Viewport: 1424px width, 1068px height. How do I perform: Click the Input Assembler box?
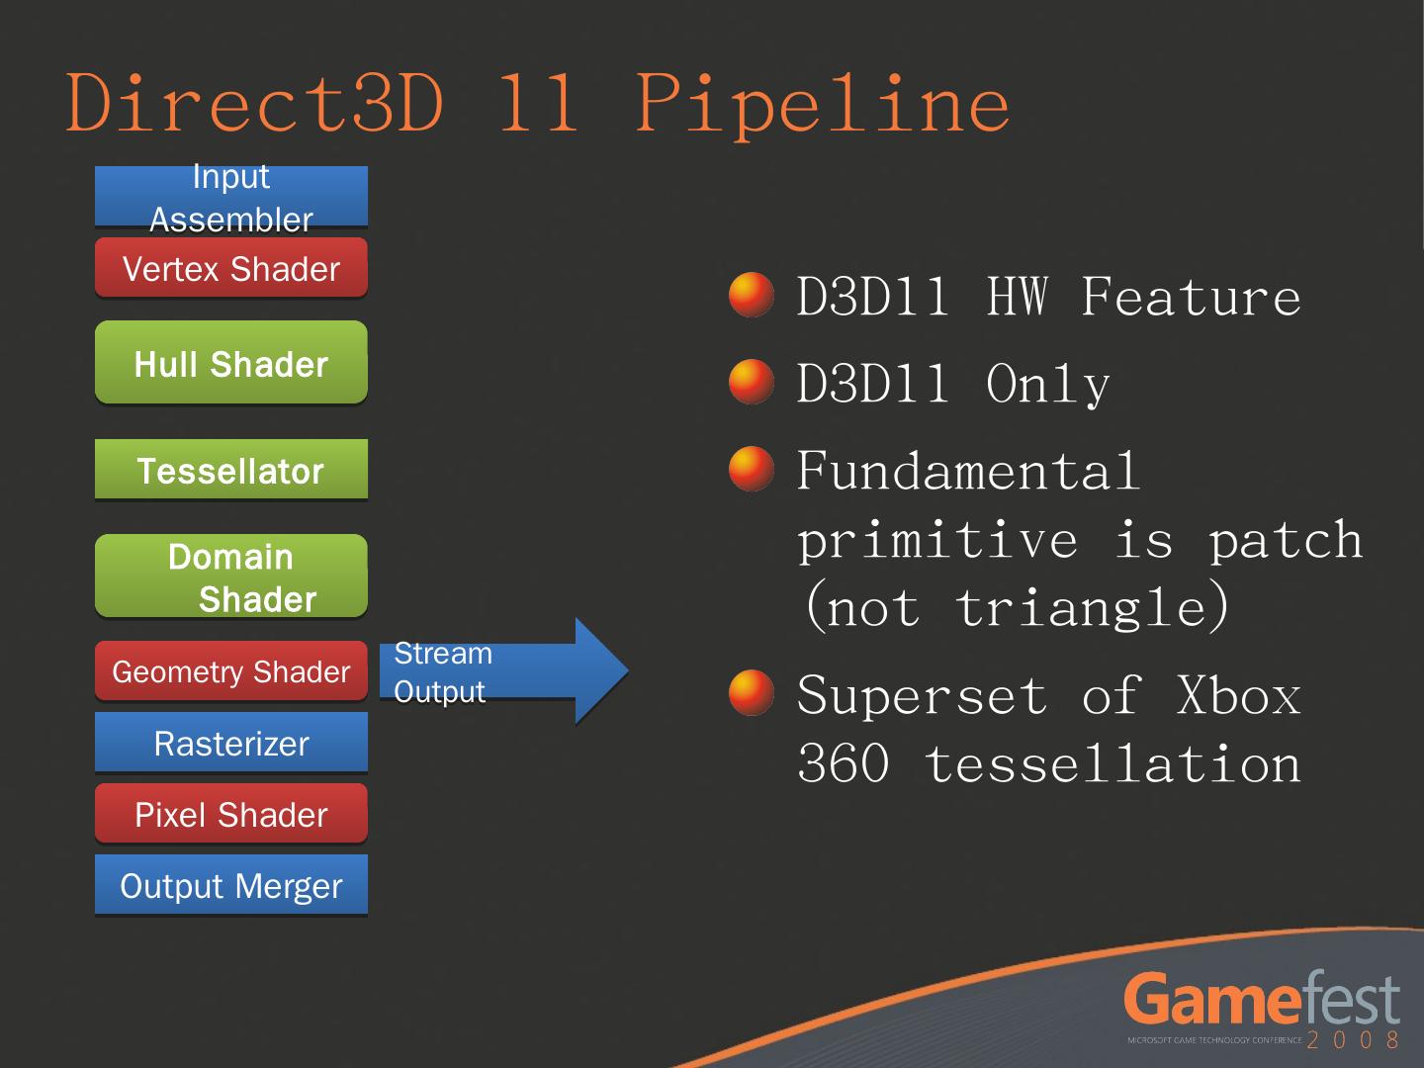(230, 198)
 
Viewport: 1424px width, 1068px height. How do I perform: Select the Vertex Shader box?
(230, 268)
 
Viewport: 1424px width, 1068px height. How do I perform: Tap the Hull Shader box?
(230, 363)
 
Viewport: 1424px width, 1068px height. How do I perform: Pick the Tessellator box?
(230, 470)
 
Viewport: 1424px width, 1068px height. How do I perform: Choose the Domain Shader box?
(230, 577)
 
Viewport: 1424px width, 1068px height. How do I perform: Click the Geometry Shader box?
(230, 671)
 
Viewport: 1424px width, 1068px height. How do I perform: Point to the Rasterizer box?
(230, 743)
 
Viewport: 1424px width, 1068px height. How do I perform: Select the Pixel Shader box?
(230, 814)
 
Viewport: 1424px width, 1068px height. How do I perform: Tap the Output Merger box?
(230, 885)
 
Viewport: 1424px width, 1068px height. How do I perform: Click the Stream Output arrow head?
(599, 670)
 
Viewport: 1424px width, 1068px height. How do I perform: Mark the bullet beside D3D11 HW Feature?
(751, 295)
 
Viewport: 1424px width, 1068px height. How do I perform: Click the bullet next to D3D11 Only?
(751, 382)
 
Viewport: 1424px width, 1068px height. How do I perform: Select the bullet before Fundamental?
(751, 469)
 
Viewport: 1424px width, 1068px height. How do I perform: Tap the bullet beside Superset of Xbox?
(751, 692)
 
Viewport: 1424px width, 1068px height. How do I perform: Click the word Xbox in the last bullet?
(1238, 695)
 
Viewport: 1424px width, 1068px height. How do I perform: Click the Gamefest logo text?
(1262, 1000)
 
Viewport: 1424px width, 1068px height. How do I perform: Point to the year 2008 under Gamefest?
(1353, 1040)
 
